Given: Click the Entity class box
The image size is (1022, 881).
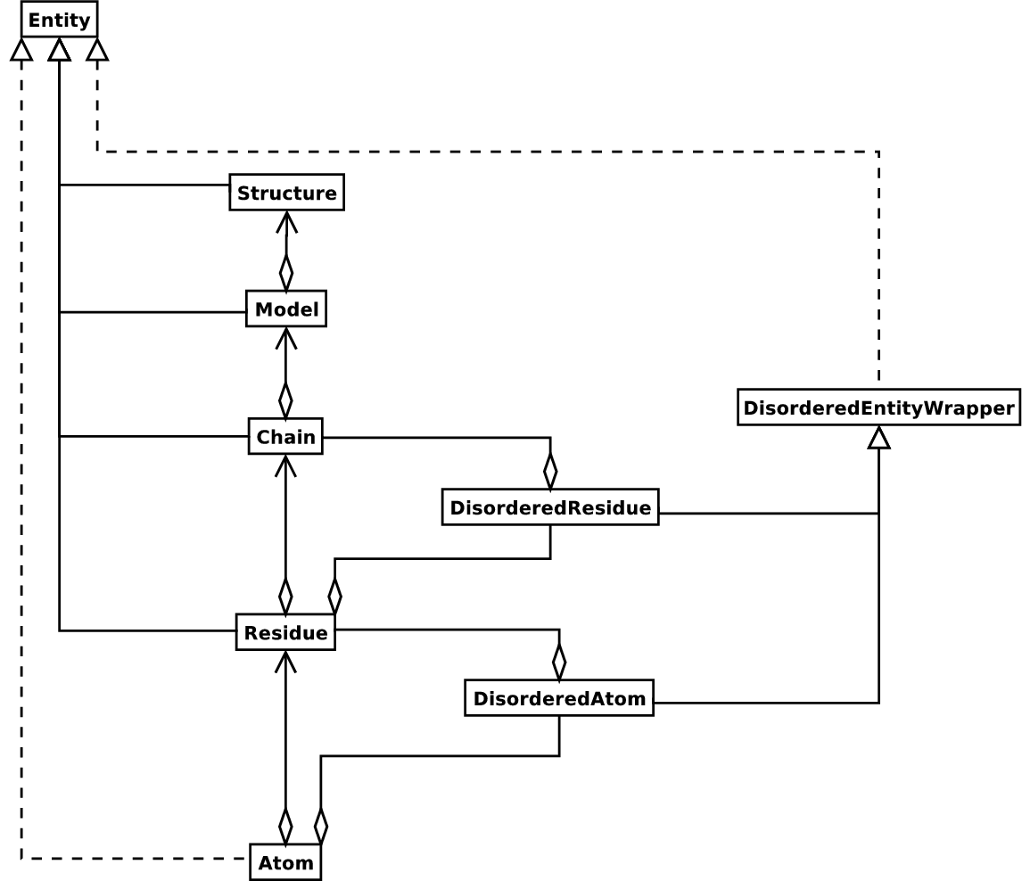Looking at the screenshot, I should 59,19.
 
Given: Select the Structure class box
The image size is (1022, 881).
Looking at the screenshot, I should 286,193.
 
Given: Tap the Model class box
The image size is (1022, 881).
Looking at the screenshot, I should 286,309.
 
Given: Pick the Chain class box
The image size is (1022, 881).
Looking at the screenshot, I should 285,437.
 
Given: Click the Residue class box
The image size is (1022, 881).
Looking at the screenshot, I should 285,632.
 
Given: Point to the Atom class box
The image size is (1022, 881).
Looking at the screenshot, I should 285,862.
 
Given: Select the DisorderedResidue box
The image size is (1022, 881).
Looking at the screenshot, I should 550,507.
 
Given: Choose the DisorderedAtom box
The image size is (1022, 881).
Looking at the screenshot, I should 559,698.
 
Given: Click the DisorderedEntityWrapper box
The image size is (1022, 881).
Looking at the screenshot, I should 878,408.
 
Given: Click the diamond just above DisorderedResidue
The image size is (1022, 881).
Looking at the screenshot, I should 550,470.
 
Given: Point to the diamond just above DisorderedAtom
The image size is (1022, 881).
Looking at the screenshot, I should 559,661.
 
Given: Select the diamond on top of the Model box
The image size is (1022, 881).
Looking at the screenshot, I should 286,272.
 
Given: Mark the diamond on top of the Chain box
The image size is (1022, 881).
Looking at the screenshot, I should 285,399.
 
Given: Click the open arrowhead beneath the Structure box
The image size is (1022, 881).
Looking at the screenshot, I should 286,221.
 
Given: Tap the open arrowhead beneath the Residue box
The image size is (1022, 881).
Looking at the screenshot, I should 285,661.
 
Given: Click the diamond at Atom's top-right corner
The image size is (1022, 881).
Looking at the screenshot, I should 321,825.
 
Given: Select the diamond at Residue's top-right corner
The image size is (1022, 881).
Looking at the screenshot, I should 335,595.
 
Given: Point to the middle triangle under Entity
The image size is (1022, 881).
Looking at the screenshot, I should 59,49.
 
